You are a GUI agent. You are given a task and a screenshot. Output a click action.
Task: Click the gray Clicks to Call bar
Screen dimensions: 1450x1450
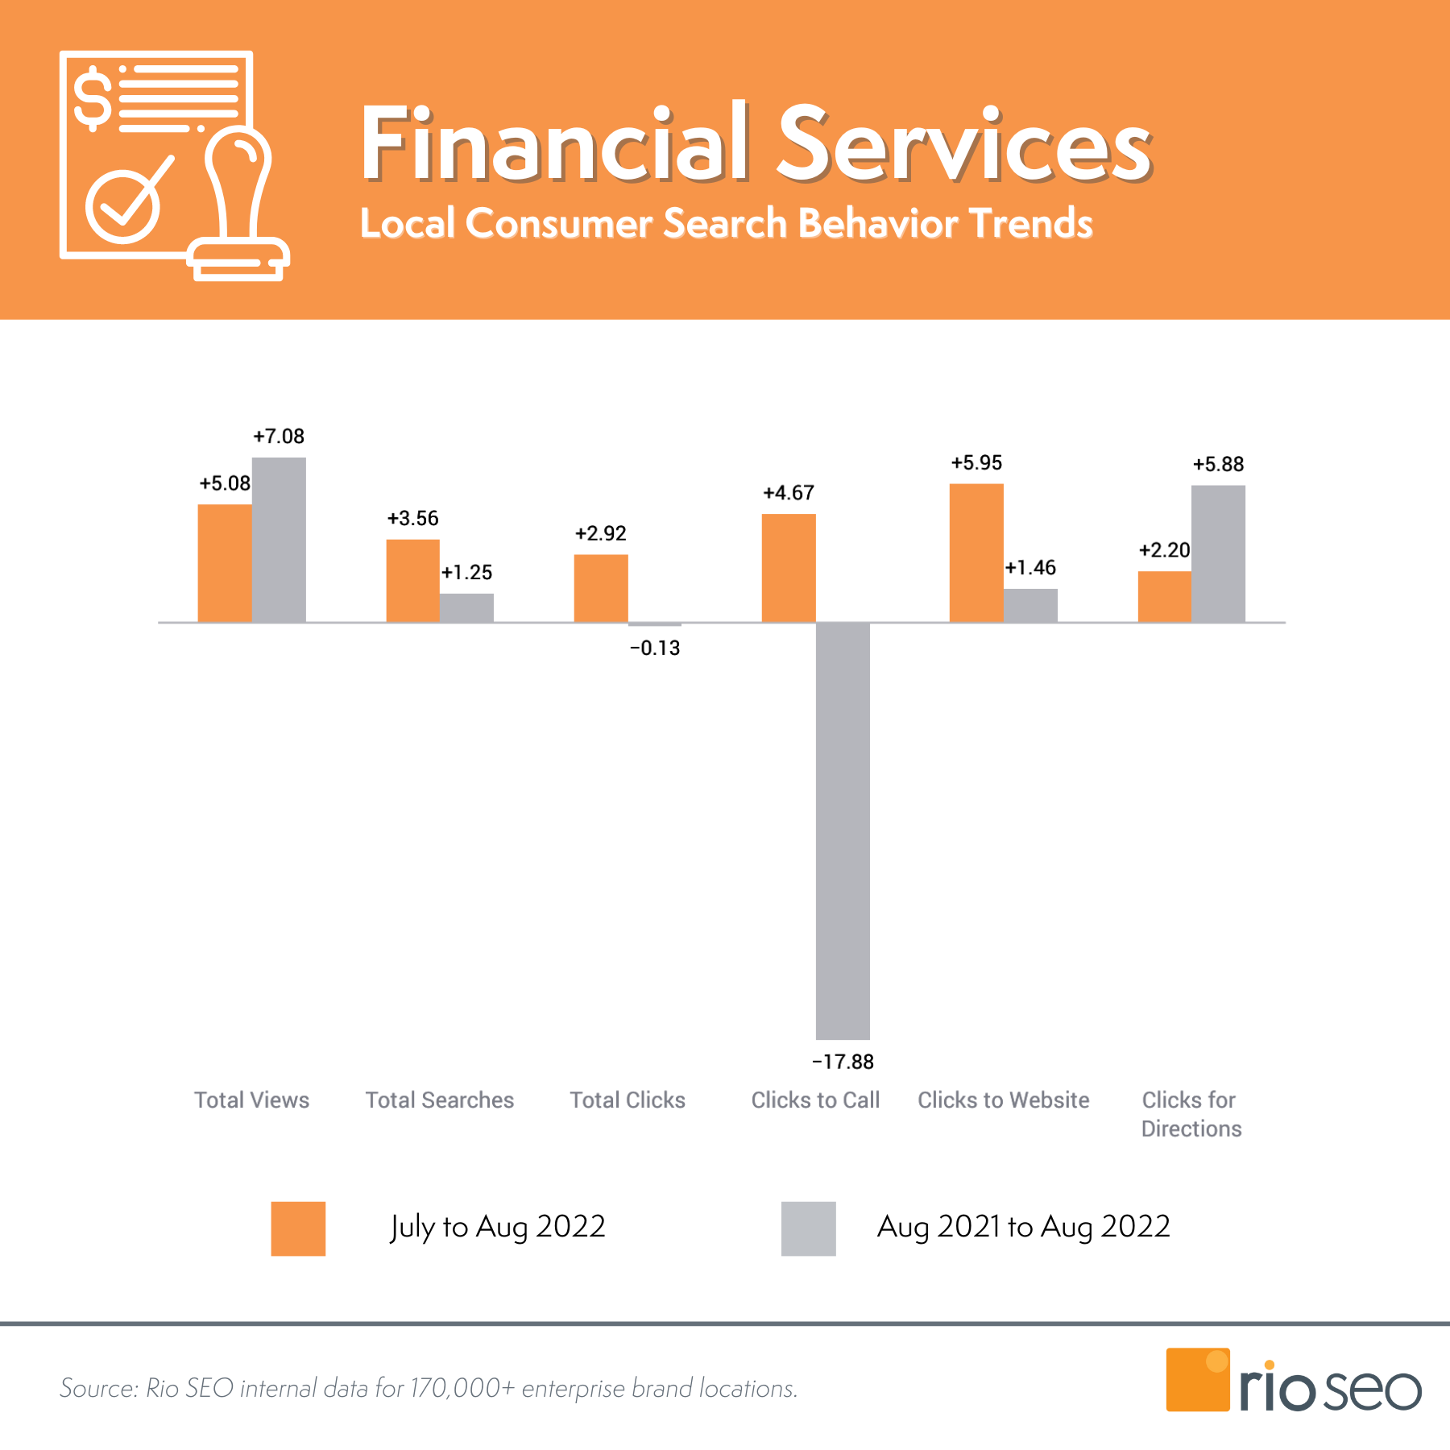843,831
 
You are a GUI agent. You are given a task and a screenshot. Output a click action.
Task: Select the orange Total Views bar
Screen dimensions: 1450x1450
225,563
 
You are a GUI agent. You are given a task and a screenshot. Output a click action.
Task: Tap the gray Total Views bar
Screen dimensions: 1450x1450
279,540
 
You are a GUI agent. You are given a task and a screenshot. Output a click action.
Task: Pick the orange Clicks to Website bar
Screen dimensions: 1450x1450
976,553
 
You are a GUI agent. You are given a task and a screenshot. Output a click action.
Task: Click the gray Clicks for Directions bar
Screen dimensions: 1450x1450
1218,553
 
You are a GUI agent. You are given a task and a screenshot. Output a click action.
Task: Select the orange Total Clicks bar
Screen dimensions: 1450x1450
601,588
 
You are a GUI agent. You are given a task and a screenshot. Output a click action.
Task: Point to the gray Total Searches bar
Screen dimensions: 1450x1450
466,607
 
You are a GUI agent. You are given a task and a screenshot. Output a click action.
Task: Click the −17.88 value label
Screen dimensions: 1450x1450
843,1062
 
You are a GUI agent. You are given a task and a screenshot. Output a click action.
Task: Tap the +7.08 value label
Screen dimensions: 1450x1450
279,437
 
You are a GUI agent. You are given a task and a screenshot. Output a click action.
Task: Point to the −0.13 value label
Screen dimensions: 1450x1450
655,648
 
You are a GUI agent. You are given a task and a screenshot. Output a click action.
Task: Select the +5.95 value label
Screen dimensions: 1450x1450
976,463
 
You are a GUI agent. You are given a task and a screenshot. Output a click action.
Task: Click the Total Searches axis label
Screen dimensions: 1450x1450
440,1100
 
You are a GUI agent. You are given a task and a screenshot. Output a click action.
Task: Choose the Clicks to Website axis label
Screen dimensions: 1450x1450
1004,1100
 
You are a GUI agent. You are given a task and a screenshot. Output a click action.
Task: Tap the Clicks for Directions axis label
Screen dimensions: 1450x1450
1191,1114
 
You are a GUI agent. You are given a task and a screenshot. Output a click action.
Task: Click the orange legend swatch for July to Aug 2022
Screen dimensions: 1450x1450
298,1228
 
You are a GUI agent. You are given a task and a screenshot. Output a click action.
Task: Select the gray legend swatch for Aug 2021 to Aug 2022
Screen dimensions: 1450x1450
809,1228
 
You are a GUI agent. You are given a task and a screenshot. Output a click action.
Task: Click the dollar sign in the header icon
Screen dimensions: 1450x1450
93,99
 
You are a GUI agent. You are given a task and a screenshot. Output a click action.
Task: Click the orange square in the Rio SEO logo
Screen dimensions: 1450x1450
1198,1380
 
